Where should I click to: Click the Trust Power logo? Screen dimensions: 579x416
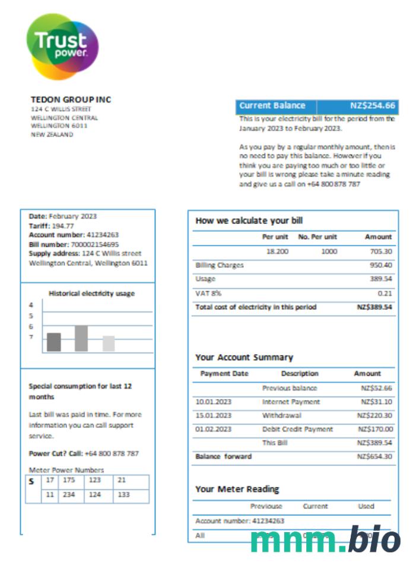click(62, 46)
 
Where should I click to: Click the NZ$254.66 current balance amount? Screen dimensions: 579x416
click(372, 106)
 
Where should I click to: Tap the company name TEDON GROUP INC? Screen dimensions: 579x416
click(71, 99)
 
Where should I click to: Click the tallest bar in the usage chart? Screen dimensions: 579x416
click(81, 338)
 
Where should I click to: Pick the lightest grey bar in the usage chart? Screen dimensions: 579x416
click(109, 344)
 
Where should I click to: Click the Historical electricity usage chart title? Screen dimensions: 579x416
click(91, 293)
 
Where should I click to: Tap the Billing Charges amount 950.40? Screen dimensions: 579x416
click(380, 265)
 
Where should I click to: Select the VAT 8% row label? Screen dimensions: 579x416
click(204, 293)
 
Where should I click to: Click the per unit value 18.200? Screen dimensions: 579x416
click(277, 251)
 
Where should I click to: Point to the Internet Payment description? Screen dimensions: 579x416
click(291, 402)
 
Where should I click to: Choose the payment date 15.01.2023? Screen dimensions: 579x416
click(213, 416)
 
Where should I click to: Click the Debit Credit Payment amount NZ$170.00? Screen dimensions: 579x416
click(375, 429)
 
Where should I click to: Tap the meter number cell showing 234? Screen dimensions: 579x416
click(69, 495)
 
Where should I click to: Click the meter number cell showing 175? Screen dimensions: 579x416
click(69, 480)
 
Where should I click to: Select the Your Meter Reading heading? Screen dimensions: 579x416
click(237, 489)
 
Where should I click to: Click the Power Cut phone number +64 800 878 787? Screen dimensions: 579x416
click(112, 454)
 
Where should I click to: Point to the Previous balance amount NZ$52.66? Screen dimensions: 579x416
click(376, 388)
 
